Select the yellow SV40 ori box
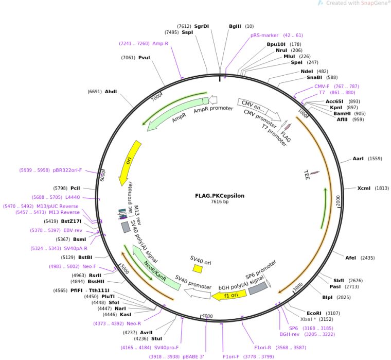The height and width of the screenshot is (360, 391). click(198, 268)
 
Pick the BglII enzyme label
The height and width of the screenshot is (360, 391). click(235, 26)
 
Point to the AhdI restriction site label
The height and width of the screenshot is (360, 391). click(111, 92)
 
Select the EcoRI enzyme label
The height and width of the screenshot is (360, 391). click(314, 313)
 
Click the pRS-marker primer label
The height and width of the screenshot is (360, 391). click(264, 36)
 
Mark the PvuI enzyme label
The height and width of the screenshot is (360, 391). click(144, 58)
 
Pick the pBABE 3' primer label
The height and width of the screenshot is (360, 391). click(191, 356)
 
